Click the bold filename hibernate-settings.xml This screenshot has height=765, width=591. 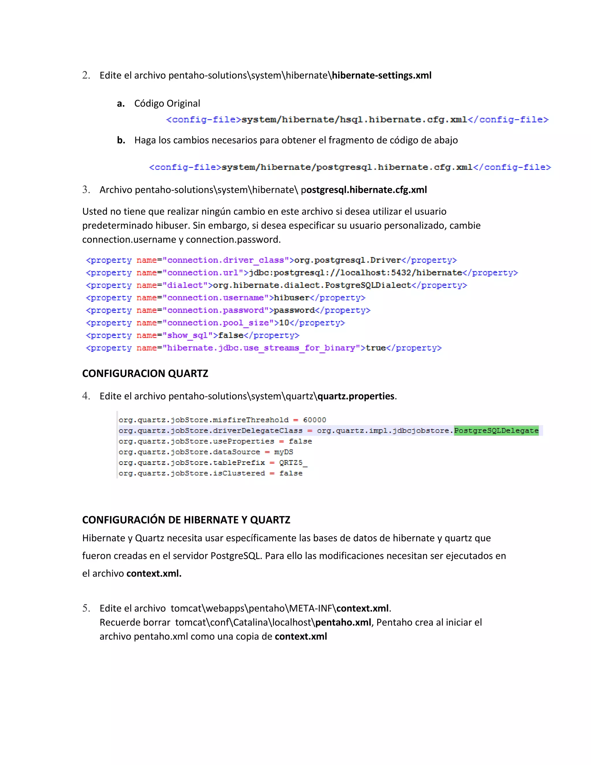point(381,75)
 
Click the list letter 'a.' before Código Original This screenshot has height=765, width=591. point(121,104)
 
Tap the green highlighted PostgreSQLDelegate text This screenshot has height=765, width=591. point(496,430)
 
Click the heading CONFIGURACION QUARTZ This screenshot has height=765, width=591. point(145,373)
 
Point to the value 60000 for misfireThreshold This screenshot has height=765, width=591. point(315,420)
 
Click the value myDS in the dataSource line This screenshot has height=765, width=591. point(283,452)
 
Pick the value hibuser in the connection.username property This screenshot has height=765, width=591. point(291,298)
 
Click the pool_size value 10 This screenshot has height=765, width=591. point(284,323)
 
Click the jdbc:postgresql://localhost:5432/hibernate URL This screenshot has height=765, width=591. point(355,273)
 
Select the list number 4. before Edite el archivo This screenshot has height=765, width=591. point(86,396)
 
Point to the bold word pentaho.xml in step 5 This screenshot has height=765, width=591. point(343,622)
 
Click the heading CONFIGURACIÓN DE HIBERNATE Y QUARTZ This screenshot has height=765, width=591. point(186,520)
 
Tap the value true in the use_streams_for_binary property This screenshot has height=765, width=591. point(375,348)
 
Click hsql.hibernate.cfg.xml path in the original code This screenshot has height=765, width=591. point(354,120)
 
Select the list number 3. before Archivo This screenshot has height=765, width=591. point(86,190)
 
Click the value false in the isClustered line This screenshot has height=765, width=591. point(291,473)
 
